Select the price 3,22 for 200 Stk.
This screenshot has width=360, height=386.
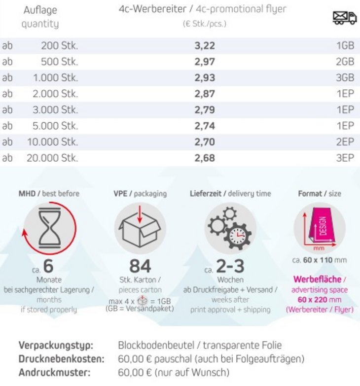(205, 46)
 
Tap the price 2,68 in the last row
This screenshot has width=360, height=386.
(205, 158)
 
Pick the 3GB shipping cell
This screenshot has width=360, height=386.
(345, 78)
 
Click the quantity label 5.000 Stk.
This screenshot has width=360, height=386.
(55, 126)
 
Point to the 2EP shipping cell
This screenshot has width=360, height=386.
(345, 142)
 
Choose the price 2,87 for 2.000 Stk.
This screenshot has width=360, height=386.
(205, 94)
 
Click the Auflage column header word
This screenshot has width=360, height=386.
(40, 10)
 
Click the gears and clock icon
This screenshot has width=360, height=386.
(229, 227)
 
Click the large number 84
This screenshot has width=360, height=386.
(140, 266)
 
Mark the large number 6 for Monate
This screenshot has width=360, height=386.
(48, 266)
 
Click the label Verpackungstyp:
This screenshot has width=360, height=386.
(56, 345)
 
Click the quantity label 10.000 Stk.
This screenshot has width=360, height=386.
(55, 142)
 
